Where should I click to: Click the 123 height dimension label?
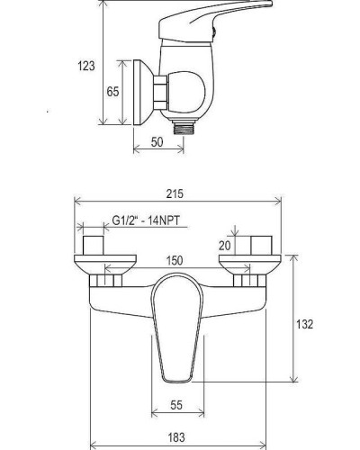click(x=86, y=66)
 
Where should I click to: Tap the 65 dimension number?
click(x=112, y=92)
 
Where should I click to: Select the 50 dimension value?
click(x=157, y=142)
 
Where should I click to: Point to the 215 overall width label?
click(x=175, y=193)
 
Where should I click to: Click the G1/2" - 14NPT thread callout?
click(x=146, y=220)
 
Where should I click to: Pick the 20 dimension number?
click(x=225, y=246)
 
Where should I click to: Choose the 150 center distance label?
click(x=175, y=260)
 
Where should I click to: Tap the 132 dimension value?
click(x=305, y=324)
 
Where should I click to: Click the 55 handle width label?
click(x=176, y=405)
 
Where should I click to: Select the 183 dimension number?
click(x=176, y=437)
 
